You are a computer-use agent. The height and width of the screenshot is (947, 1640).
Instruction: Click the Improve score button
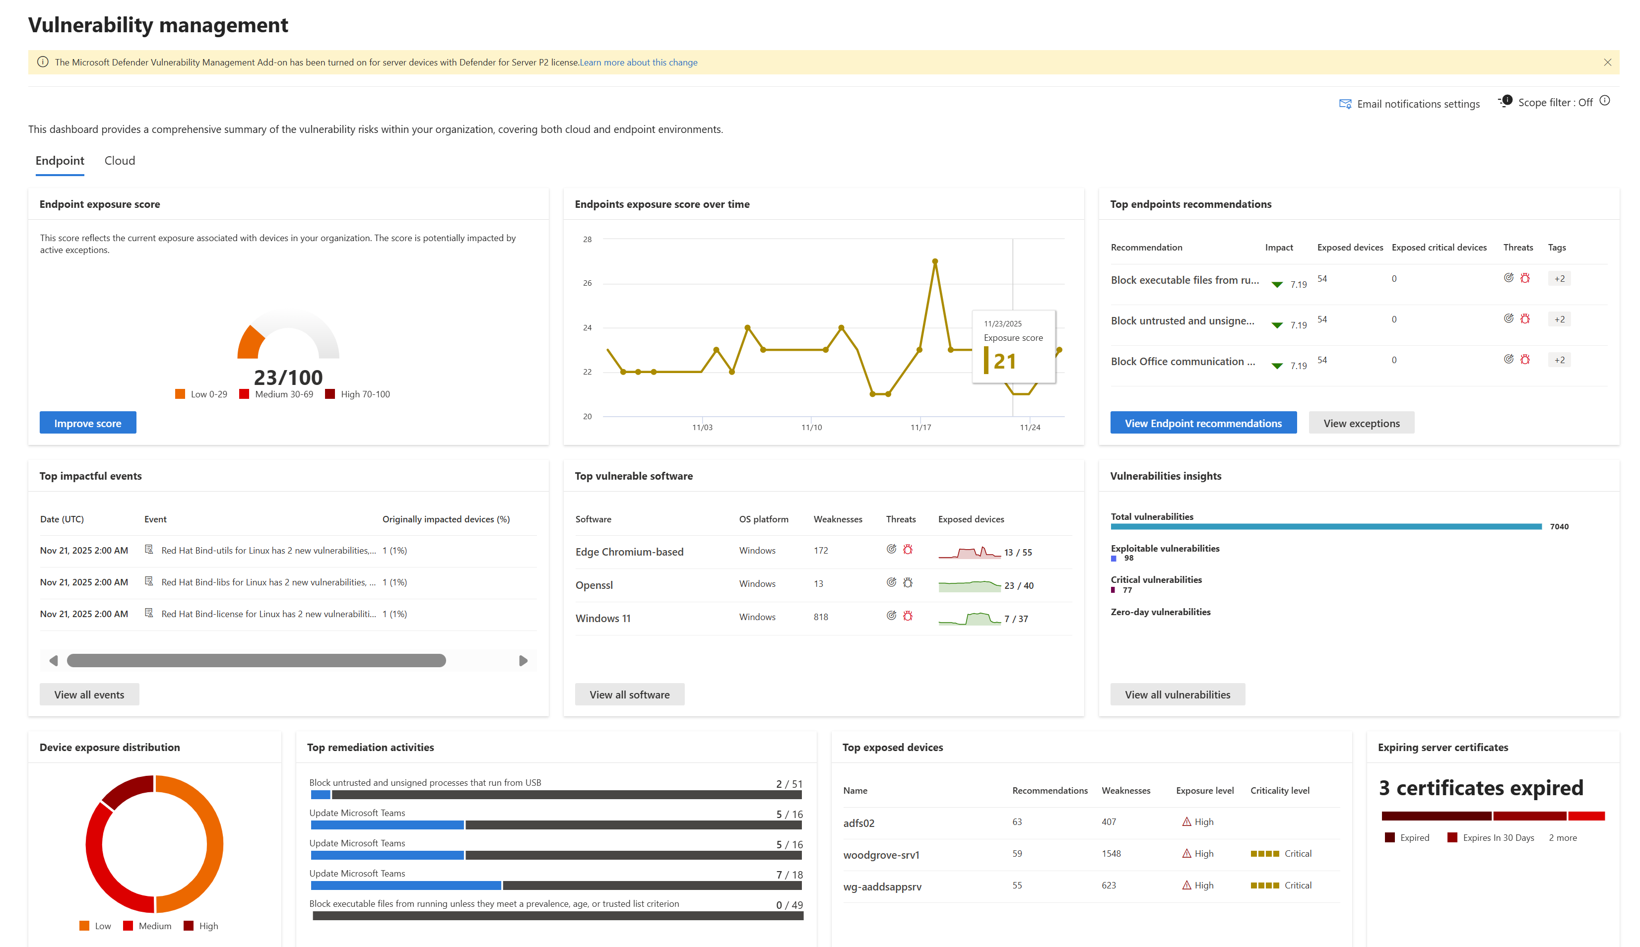click(88, 423)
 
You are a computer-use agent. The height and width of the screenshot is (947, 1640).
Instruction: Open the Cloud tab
click(120, 161)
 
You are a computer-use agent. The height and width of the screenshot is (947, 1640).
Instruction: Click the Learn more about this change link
click(638, 63)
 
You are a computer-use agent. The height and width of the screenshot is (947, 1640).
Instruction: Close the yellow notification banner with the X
click(1607, 63)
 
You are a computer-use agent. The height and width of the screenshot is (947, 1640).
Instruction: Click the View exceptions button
click(1361, 423)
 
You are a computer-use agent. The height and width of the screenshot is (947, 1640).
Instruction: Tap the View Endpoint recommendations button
click(1203, 423)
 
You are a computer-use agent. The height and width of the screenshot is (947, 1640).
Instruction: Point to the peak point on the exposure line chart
click(935, 261)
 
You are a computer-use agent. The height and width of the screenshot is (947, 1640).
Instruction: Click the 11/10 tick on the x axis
click(811, 427)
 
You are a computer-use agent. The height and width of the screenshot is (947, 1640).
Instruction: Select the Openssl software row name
click(594, 585)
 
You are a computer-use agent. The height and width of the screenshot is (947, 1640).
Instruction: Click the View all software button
click(629, 694)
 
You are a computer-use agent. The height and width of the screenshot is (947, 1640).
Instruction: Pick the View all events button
click(89, 694)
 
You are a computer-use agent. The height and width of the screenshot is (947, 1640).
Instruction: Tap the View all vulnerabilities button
click(1177, 694)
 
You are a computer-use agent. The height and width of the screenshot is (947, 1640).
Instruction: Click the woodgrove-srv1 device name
click(881, 855)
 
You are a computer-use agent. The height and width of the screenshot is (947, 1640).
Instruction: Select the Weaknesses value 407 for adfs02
click(1109, 821)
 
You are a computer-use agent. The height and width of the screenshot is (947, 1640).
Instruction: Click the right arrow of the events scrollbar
click(523, 661)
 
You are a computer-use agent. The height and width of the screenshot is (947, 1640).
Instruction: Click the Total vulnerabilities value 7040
click(1559, 526)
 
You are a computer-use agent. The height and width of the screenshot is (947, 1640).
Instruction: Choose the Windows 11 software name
click(602, 618)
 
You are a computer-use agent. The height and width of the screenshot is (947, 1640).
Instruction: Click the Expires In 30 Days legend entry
click(1498, 838)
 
